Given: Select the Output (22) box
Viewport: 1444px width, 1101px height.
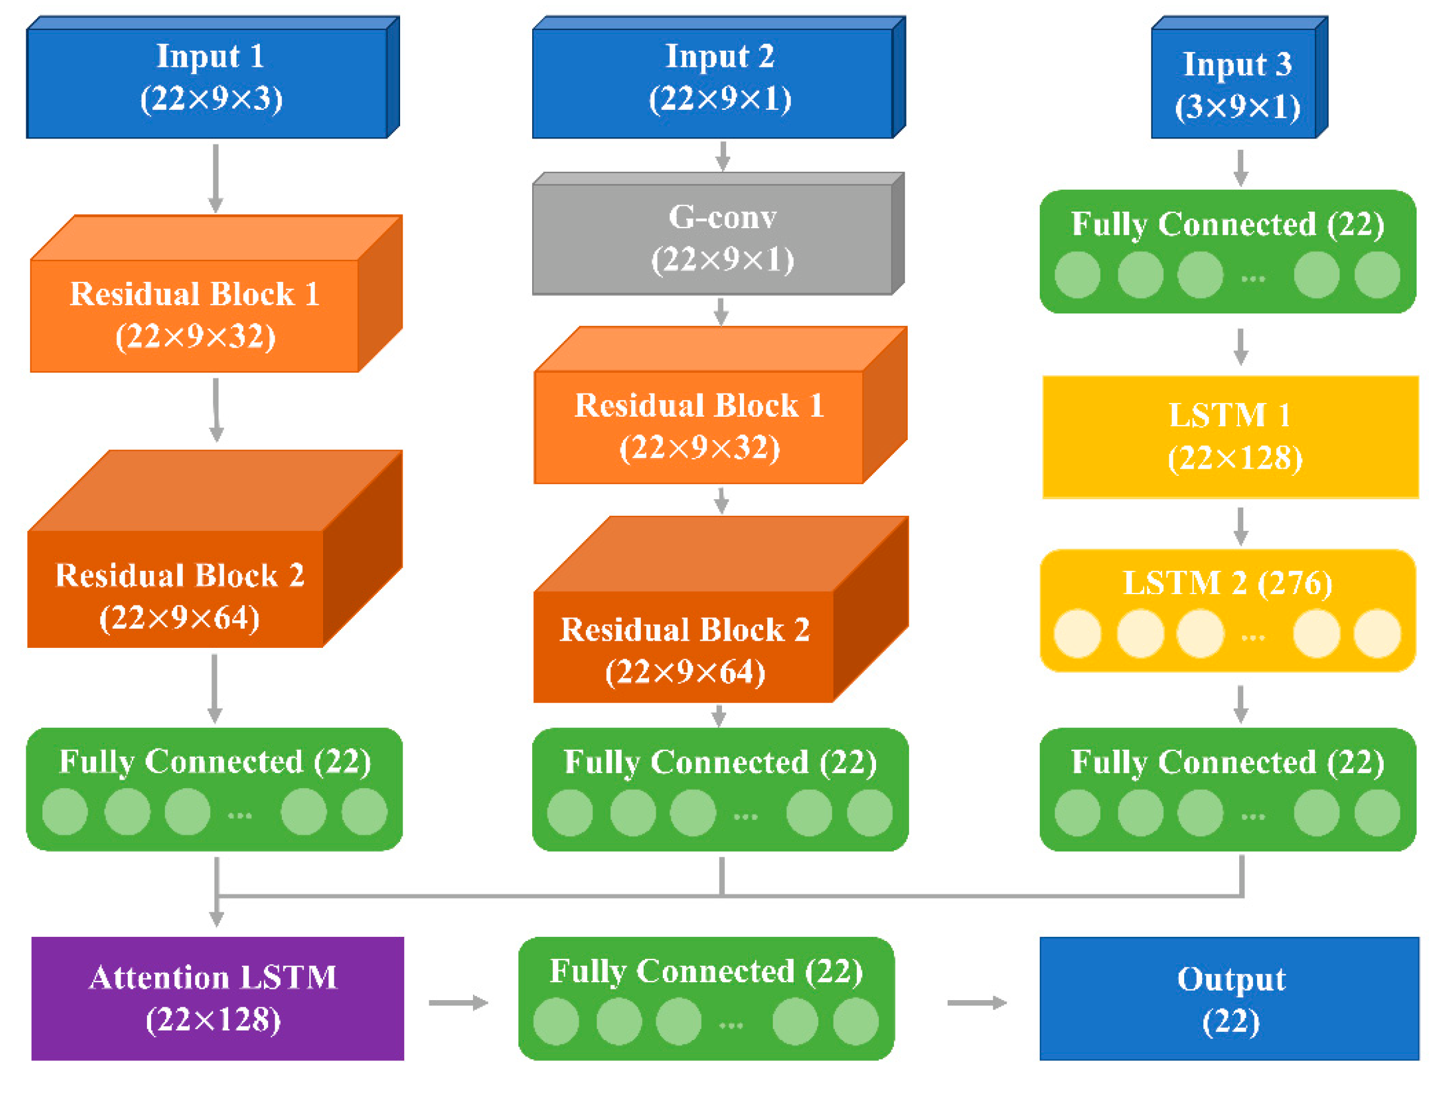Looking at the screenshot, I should point(1229,998).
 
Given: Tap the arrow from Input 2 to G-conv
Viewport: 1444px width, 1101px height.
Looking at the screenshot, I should point(723,156).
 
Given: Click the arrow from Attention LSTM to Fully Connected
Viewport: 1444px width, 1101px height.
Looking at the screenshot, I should point(458,1002).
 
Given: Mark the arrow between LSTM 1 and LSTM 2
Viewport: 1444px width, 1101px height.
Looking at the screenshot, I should point(1240,525).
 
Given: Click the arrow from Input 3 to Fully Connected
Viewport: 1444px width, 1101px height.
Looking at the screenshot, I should point(1240,168).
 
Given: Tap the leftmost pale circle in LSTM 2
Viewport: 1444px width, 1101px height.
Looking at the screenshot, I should point(1077,633).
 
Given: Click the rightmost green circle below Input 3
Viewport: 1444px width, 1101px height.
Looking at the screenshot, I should point(1377,275).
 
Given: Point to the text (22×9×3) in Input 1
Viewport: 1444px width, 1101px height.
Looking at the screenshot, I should point(211,99).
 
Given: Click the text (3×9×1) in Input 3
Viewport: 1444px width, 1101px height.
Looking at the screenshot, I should point(1237,107).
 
